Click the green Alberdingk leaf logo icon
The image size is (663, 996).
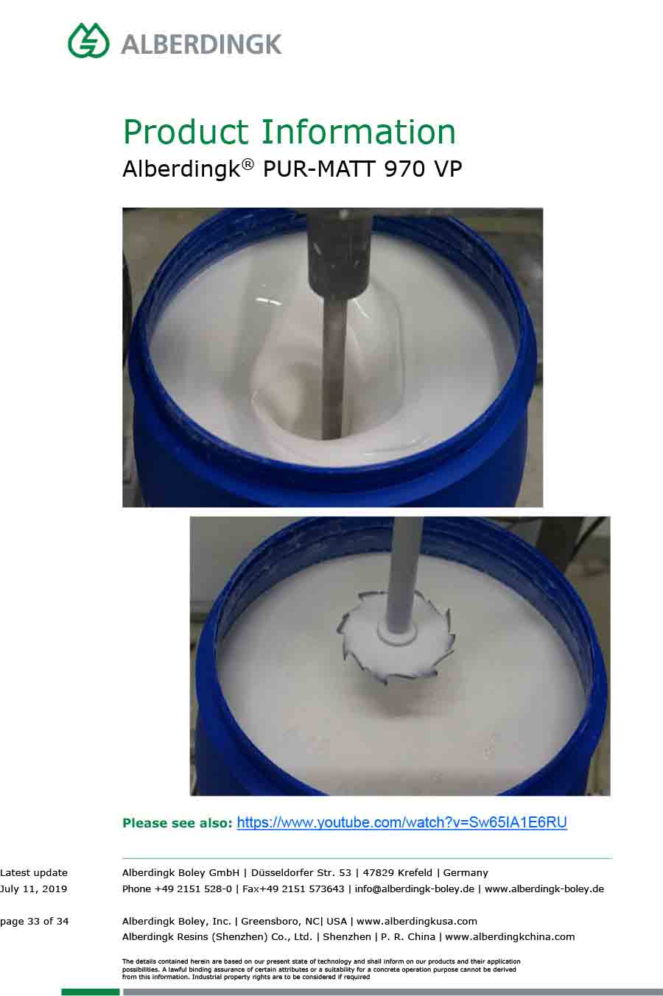pos(88,40)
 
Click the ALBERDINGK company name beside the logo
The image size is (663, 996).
pos(202,44)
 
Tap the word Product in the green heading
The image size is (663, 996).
pos(186,132)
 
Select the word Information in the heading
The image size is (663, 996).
pos(358,132)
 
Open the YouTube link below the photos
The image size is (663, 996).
pos(401,822)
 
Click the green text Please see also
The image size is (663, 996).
pos(178,823)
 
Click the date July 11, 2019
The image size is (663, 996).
pos(33,889)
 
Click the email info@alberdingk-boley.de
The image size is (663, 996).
pos(414,889)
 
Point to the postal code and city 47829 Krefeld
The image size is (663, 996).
pos(397,873)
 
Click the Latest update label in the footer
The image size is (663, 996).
pos(34,873)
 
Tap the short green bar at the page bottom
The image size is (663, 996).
pos(91,992)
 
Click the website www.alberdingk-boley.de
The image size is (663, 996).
pos(544,889)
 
